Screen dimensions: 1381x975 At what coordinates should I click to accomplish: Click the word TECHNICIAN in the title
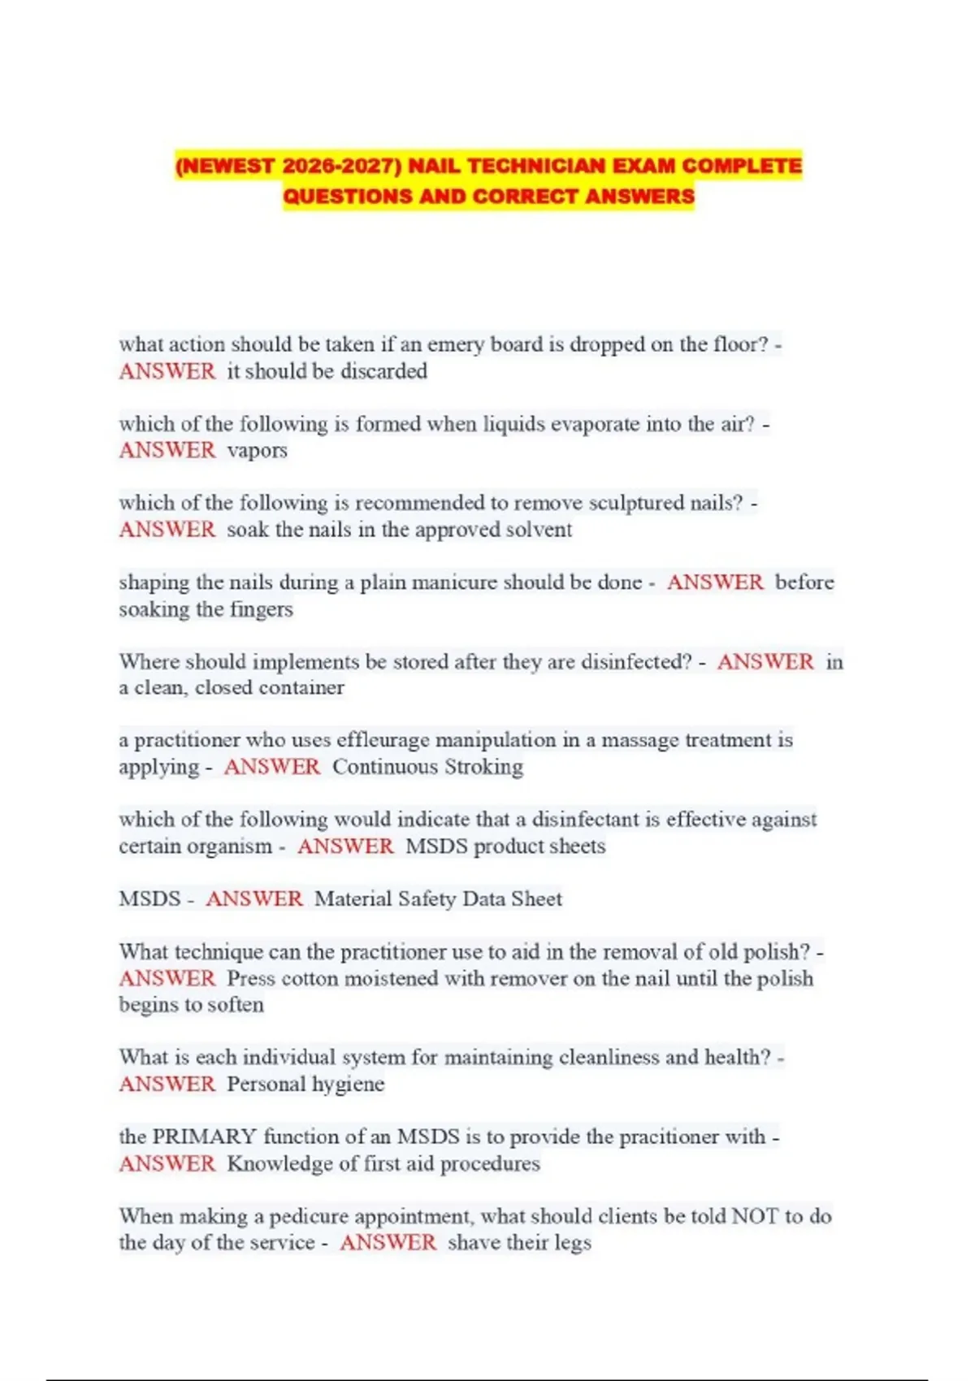[536, 166]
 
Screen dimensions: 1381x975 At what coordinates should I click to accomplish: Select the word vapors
[257, 451]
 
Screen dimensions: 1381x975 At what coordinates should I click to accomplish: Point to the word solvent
[539, 530]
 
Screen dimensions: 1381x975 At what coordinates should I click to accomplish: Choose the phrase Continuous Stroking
[427, 767]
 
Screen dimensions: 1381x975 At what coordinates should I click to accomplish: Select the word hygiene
[348, 1084]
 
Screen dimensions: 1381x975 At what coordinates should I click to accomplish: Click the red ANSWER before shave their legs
[388, 1243]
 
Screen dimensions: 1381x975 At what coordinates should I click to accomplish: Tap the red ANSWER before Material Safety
[253, 899]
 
